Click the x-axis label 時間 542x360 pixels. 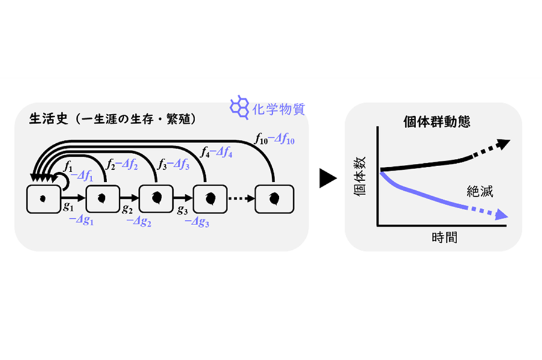click(x=444, y=237)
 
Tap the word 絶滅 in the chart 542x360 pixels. click(x=480, y=191)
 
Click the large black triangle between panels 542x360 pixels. click(x=328, y=178)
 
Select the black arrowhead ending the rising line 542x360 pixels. click(x=503, y=144)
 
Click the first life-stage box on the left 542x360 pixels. click(x=43, y=199)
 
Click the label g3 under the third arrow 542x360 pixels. click(x=182, y=209)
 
